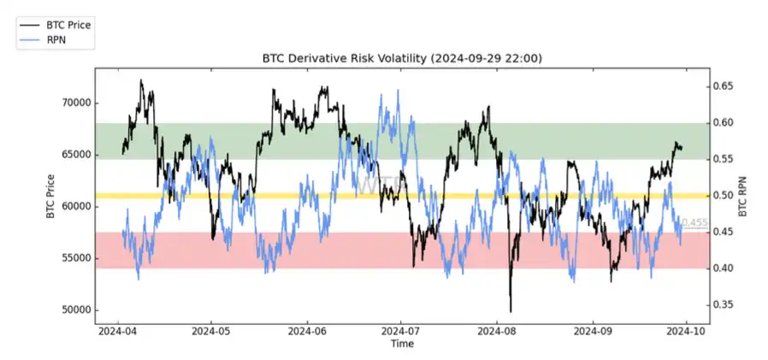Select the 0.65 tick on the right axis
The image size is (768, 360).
coord(724,86)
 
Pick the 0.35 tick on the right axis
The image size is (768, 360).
coord(724,304)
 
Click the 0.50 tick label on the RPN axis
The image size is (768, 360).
coord(724,196)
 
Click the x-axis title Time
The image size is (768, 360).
coord(401,344)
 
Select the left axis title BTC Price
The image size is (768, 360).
coord(50,196)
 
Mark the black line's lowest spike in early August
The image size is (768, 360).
coord(511,312)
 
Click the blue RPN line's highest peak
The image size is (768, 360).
coord(396,90)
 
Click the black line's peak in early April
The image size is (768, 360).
coord(141,80)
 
